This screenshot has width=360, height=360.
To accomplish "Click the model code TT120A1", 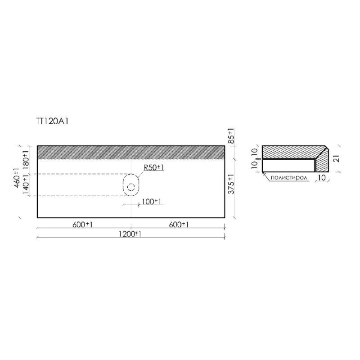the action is coord(52,121).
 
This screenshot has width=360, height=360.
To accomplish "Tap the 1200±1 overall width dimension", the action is coord(130,234).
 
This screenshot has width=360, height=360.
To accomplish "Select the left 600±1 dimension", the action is coord(82,225).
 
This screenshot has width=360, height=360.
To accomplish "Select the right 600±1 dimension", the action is coord(179,225).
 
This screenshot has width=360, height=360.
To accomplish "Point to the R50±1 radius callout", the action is coord(154,167).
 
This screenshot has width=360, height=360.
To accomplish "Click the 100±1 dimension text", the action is coord(151,202).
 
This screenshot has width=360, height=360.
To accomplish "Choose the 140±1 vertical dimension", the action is coord(26,185).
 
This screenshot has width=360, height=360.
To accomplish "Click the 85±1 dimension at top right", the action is coord(231,136).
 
